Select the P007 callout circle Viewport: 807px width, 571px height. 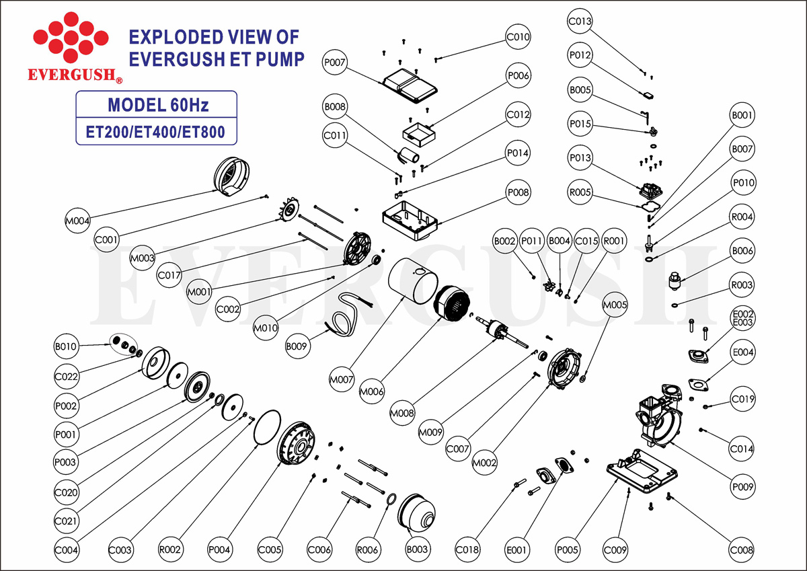coord(334,63)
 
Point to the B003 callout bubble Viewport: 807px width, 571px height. coord(417,549)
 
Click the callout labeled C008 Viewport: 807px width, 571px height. coord(742,549)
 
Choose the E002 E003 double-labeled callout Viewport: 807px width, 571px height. coord(743,318)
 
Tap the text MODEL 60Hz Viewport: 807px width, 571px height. coord(158,106)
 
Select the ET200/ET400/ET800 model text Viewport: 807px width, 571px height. coord(157,132)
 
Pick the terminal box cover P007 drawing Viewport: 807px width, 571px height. coord(410,84)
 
